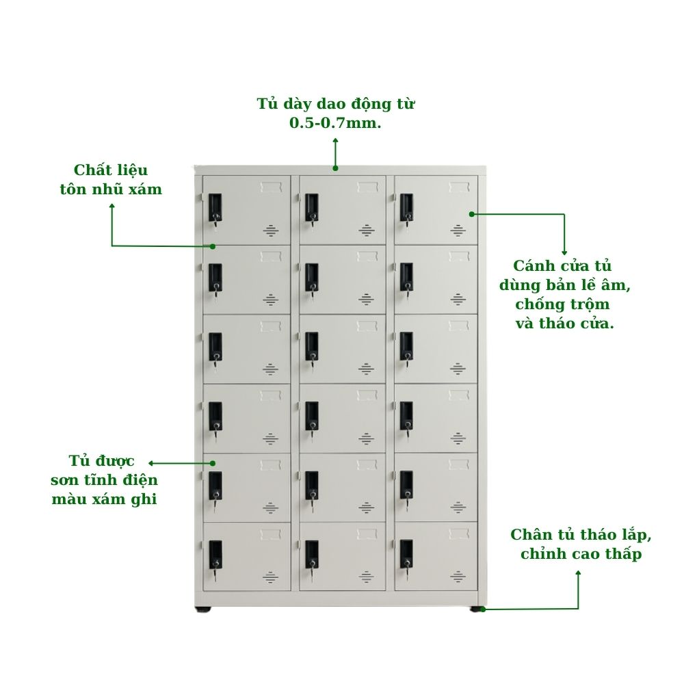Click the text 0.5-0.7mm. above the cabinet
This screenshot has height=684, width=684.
(335, 123)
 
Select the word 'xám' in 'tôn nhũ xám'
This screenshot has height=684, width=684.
(146, 189)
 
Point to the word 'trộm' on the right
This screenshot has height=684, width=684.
(591, 304)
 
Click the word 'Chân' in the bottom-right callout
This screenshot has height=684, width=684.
(529, 534)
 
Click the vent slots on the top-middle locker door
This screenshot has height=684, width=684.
(367, 231)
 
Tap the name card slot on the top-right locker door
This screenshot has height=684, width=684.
(459, 187)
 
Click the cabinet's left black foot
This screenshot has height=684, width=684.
(203, 609)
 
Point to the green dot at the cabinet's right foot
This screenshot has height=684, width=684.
(482, 609)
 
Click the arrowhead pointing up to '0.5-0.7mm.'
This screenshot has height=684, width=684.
(335, 140)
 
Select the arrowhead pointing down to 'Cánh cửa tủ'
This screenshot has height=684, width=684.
(564, 252)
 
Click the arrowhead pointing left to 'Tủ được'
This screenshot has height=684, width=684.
(151, 463)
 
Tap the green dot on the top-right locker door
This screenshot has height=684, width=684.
(471, 214)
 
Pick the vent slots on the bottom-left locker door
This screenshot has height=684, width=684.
(270, 577)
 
